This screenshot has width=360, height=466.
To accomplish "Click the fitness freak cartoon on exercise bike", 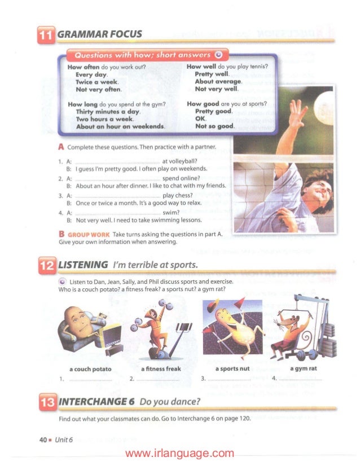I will (x=153, y=330).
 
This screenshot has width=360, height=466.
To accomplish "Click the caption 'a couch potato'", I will (x=90, y=368).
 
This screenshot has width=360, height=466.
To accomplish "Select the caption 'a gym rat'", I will (x=303, y=368).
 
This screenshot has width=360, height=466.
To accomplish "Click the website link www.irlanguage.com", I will (x=179, y=453).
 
